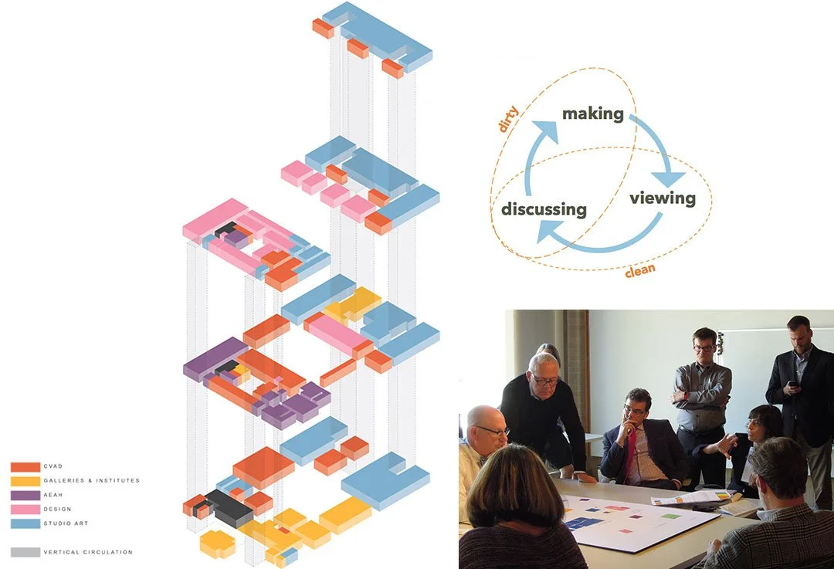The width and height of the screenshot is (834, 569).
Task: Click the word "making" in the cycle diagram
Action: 592,113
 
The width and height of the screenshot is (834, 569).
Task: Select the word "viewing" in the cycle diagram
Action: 662,198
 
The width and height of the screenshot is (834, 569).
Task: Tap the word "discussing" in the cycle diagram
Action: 544,209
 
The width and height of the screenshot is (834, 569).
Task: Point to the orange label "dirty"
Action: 507,120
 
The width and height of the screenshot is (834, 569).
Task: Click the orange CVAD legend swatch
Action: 25,467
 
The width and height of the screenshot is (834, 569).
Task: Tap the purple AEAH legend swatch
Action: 25,495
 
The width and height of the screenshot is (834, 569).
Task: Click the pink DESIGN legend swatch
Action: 25,509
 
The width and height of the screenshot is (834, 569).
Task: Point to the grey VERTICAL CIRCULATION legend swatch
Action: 25,552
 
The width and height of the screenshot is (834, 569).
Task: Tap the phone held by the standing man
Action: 792,384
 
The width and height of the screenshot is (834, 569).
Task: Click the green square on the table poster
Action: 672,515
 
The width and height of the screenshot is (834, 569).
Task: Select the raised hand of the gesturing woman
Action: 723,445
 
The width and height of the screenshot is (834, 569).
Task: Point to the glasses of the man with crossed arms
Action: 704,348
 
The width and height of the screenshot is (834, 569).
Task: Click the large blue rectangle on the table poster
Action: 584,523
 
